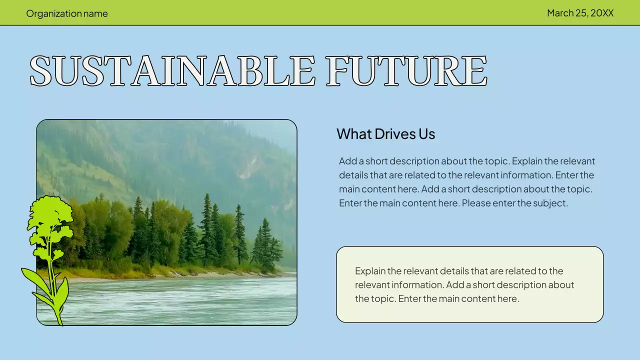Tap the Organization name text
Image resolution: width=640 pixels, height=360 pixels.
point(67,13)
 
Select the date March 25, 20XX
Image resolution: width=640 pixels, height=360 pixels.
point(580,13)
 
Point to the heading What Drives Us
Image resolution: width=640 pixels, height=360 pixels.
point(385,134)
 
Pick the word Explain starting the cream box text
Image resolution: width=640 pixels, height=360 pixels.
point(370,271)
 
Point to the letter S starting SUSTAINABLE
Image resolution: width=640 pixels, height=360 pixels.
point(41,70)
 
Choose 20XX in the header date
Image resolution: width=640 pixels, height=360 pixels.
point(602,13)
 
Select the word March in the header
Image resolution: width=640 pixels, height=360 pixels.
point(560,13)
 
